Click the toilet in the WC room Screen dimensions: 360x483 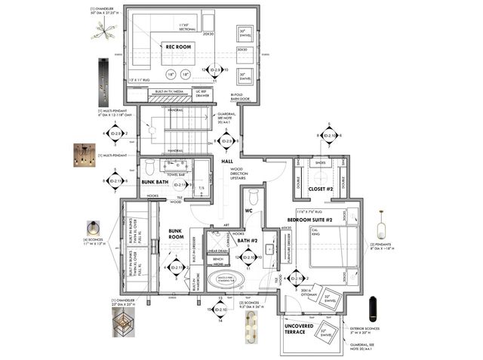[254, 197]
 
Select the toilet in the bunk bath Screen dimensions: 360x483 [149, 168]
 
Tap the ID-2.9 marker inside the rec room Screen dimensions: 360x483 [215, 70]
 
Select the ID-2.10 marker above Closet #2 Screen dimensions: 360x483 [329, 136]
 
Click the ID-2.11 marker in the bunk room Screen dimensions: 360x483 [177, 267]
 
